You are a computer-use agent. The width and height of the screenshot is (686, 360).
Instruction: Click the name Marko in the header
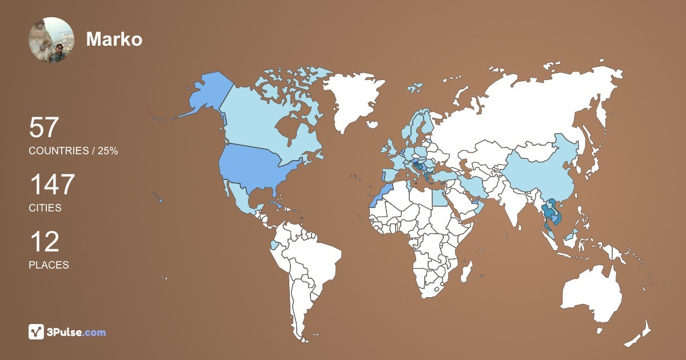114,39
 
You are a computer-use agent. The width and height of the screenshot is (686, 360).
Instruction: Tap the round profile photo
51,40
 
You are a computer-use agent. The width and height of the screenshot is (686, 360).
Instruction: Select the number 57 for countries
44,128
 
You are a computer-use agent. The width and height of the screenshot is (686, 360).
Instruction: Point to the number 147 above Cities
52,185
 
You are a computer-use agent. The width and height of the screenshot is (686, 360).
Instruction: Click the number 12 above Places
44,242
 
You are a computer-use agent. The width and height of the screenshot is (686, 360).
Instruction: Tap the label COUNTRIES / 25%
73,151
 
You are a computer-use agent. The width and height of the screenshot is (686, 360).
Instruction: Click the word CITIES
45,208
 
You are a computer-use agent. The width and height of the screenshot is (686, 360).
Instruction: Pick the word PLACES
49,265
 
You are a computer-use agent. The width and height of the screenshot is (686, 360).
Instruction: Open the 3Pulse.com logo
67,331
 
